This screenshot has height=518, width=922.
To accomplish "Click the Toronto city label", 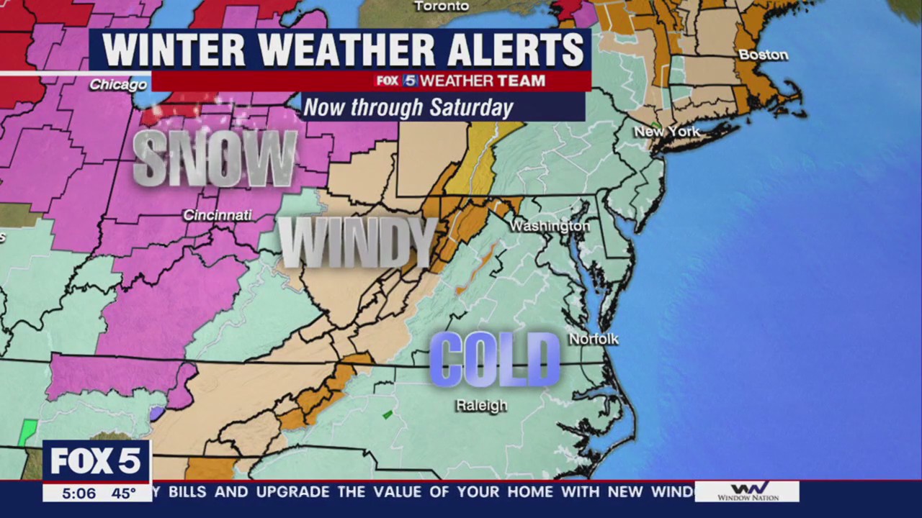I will [442, 6].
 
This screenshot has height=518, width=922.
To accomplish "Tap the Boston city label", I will [763, 55].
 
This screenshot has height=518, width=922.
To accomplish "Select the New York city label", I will [666, 132].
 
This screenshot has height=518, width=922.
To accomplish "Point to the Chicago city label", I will [118, 85].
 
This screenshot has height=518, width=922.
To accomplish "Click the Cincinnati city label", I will [217, 215].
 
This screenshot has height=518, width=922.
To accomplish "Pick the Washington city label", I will [550, 226].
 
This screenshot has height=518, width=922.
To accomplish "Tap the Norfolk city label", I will [594, 339].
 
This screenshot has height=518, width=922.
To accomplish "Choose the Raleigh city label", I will [481, 406].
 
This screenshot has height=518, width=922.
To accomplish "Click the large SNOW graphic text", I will [215, 159].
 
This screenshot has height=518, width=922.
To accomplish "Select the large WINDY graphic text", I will [357, 242].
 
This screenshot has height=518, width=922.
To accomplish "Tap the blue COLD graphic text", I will [494, 360].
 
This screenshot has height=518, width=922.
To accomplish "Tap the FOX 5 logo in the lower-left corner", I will [96, 461].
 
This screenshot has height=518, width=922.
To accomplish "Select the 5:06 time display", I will [79, 494].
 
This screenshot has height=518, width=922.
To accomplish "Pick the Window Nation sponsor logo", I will [747, 491].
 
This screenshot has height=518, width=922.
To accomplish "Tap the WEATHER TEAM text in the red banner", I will [483, 81].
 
